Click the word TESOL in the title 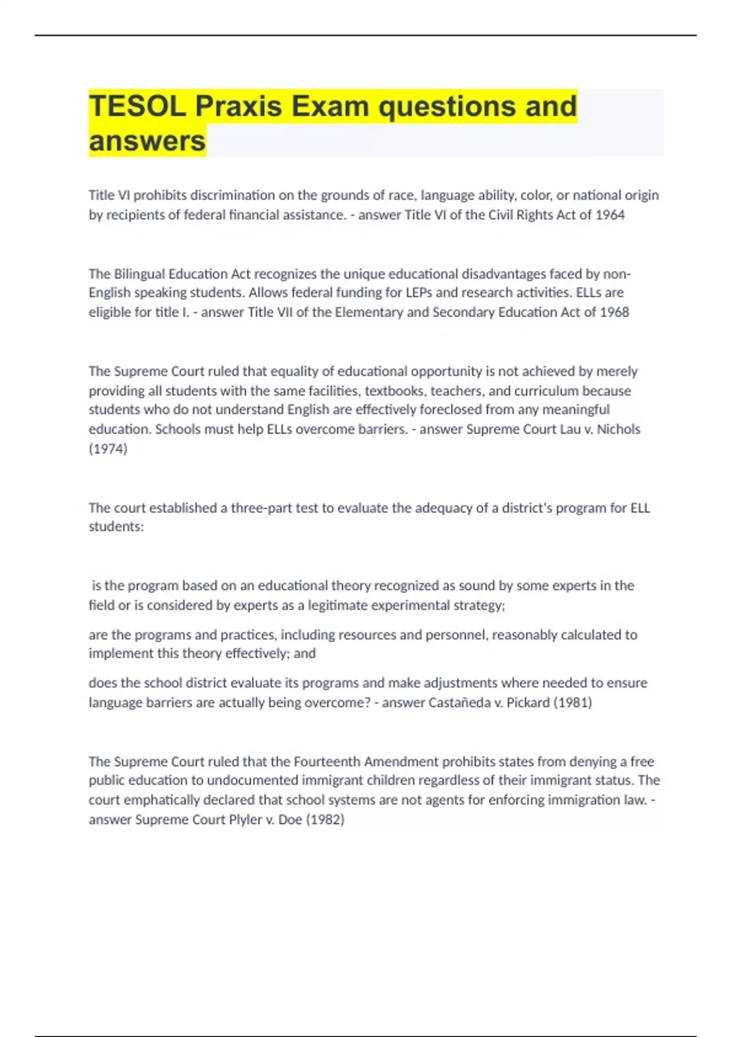(138, 107)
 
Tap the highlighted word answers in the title (147, 142)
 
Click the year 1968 (614, 312)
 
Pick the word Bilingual (139, 274)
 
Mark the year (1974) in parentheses (108, 449)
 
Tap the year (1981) (572, 703)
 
